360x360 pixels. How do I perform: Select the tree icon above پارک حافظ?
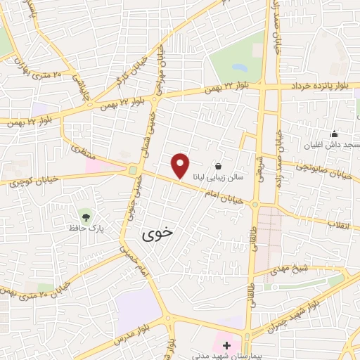click(x=86, y=216)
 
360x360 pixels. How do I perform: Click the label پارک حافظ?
click(x=83, y=229)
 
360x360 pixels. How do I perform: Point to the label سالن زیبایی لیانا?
click(x=219, y=179)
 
